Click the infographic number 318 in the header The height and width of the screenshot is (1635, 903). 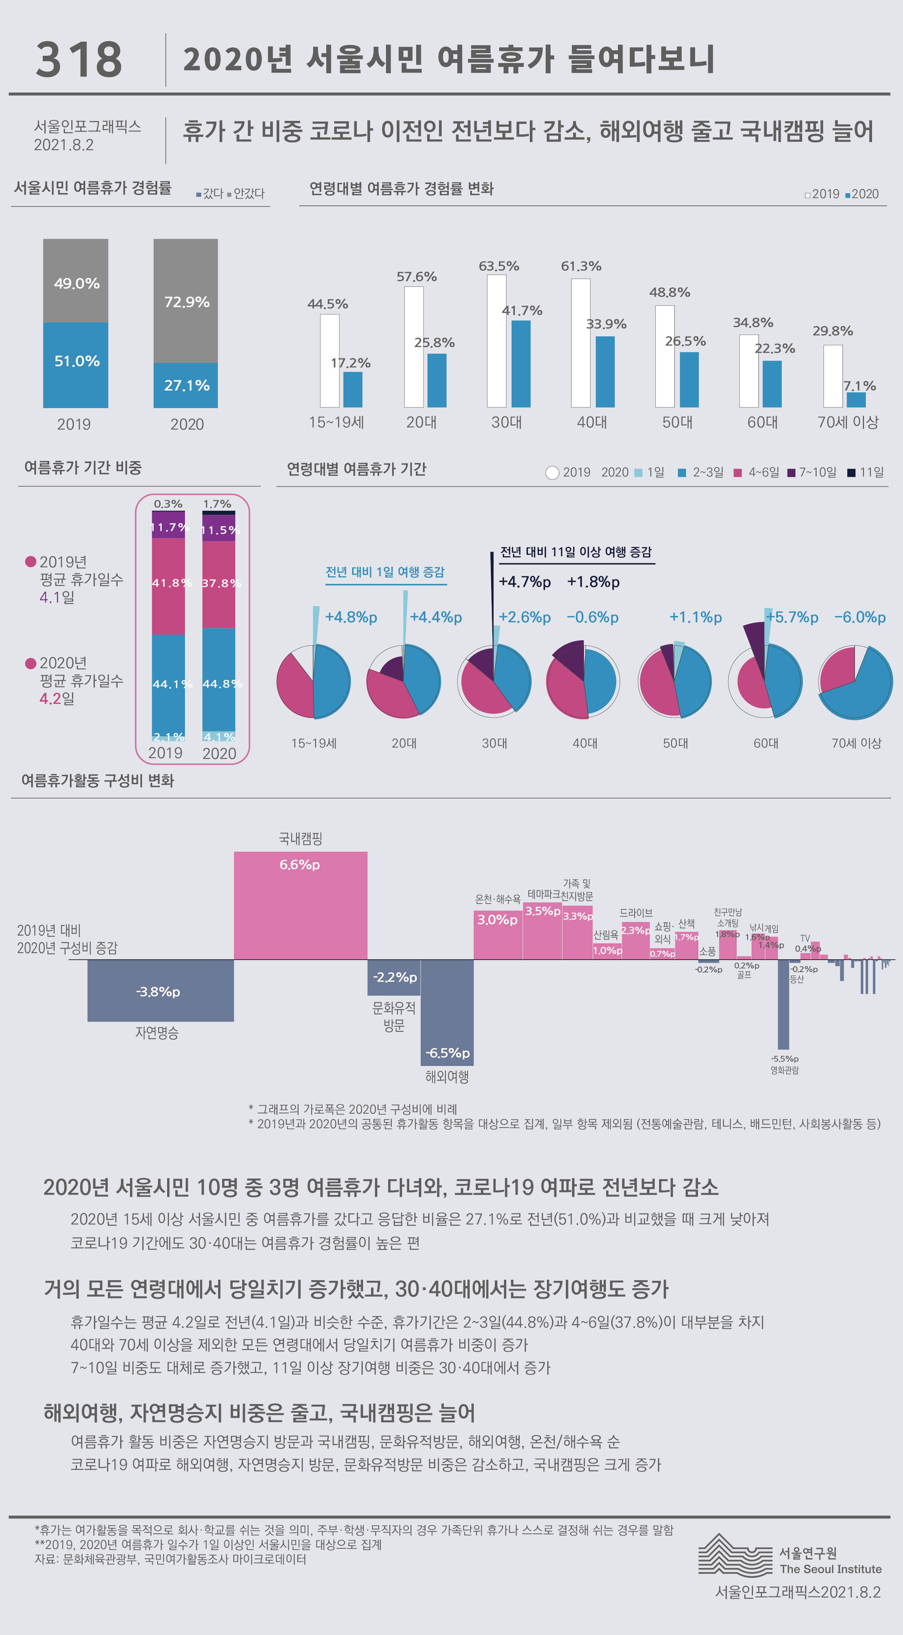click(x=79, y=60)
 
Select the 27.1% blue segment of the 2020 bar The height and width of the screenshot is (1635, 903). click(x=185, y=385)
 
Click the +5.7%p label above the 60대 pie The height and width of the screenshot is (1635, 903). click(x=792, y=617)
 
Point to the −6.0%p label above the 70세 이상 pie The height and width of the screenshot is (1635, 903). click(x=859, y=617)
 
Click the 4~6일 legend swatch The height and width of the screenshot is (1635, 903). click(x=737, y=472)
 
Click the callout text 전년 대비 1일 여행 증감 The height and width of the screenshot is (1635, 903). click(x=385, y=572)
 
